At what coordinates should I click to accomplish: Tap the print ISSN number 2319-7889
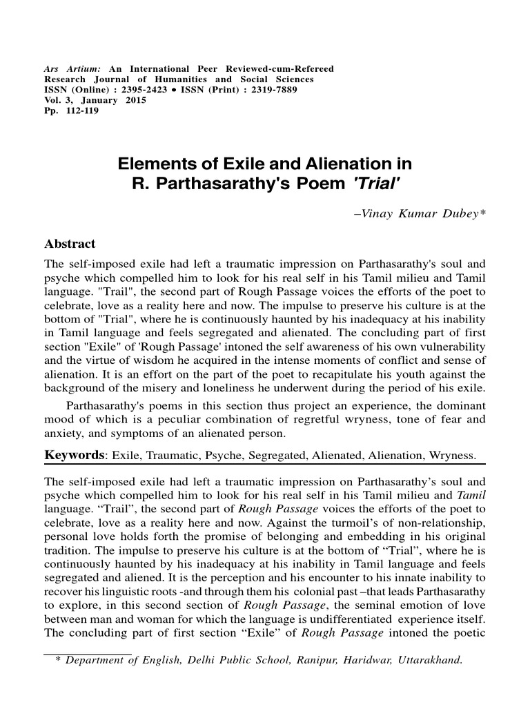pos(247,90)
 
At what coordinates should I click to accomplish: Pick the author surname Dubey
pos(466,214)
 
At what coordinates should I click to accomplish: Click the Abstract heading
pos(70,244)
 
